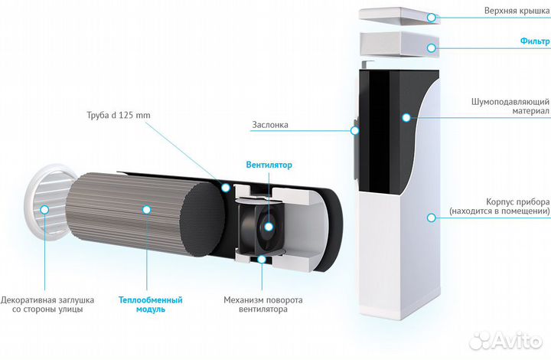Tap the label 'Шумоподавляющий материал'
[510, 106]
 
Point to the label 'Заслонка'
[269, 124]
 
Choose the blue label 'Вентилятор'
[269, 165]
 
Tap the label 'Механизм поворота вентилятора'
[263, 304]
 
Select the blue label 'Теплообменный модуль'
[150, 304]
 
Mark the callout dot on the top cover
[433, 16]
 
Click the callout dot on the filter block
[433, 47]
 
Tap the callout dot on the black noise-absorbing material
[406, 117]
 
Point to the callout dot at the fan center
[269, 225]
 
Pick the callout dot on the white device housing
[432, 218]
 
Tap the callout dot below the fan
[262, 259]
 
